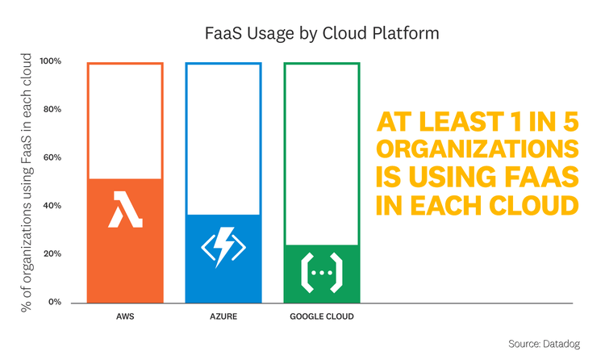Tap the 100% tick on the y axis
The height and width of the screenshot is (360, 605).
tap(52, 61)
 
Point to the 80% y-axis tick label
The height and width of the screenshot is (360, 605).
tap(52, 110)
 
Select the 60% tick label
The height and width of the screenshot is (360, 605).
tap(52, 157)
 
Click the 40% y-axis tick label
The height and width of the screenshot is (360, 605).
tap(52, 206)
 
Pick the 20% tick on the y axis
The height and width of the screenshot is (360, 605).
tap(52, 253)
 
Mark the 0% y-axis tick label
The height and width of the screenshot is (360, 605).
tap(55, 302)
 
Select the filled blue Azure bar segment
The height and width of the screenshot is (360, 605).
tap(223, 258)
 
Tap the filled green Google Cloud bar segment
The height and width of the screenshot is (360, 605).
tap(321, 274)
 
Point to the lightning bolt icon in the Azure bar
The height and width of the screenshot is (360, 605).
tap(223, 248)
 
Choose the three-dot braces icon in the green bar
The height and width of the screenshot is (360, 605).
tap(321, 273)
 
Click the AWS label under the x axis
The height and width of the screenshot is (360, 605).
tap(125, 316)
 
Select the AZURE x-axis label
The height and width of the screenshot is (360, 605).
tap(223, 316)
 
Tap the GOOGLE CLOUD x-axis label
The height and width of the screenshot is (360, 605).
tap(321, 316)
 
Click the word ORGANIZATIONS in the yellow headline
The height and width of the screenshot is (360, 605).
tap(478, 150)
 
